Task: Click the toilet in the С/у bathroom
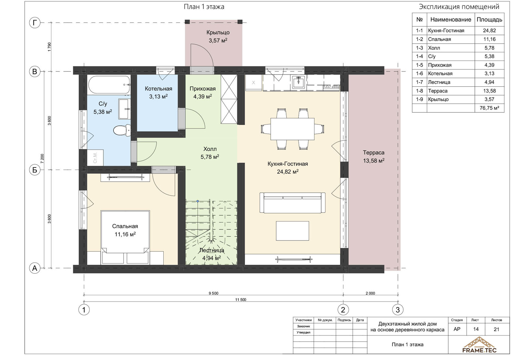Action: [122, 131]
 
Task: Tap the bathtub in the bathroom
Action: [109, 85]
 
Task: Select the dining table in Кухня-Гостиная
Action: [292, 129]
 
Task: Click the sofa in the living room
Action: [293, 202]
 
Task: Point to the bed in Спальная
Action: [125, 232]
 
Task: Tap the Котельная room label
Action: [158, 89]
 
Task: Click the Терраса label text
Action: [374, 152]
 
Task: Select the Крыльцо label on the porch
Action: [218, 33]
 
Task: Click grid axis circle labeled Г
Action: [35, 23]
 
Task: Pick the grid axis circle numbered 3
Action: [398, 310]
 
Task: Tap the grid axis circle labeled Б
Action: [35, 170]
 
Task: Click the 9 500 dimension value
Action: [214, 293]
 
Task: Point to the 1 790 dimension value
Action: [50, 47]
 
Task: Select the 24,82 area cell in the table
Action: [489, 30]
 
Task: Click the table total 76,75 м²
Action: [489, 108]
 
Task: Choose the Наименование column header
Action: [451, 20]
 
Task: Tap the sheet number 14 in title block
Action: [476, 329]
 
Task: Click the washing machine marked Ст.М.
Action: [96, 158]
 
